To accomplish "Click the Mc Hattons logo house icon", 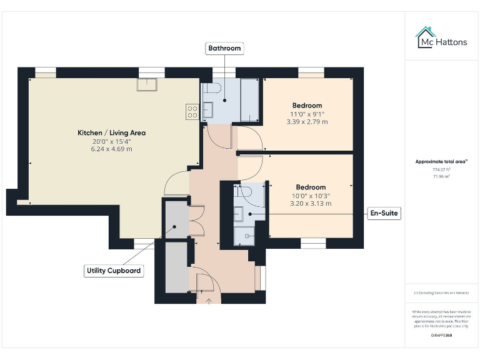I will [426, 36].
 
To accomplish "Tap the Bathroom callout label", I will [224, 48].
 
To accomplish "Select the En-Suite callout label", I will [384, 214].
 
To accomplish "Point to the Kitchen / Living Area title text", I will [111, 133].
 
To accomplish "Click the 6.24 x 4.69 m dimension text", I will [111, 149].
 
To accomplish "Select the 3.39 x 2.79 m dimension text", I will [307, 122].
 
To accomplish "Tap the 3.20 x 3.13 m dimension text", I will [311, 204].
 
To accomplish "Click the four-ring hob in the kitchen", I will [192, 111].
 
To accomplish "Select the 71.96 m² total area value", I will [441, 177].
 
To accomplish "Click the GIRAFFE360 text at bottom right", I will [441, 336].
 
